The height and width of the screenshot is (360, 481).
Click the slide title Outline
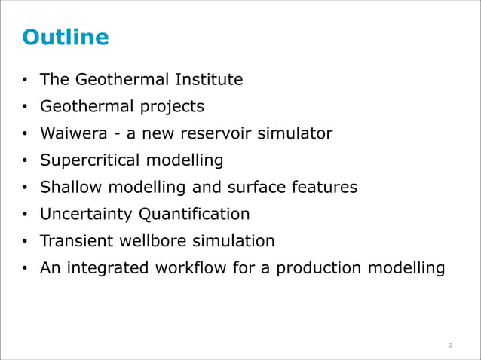66,37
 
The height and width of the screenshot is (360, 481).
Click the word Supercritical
90,160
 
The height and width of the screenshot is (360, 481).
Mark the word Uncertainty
87,215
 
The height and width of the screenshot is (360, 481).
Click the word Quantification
194,215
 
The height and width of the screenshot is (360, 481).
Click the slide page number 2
450,346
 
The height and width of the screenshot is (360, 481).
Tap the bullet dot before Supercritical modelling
25,161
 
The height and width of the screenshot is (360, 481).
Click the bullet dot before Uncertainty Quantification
25,215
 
